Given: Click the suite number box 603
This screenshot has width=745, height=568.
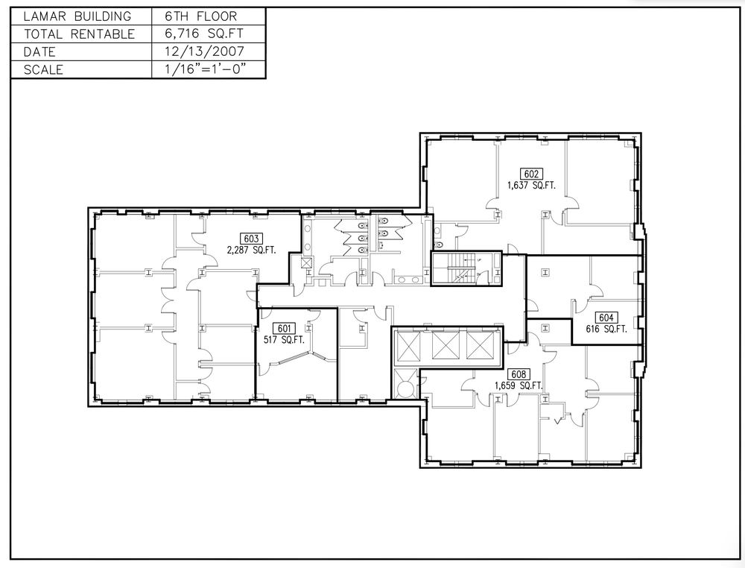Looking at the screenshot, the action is [251, 239].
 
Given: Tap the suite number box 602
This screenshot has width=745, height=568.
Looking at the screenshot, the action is [530, 174].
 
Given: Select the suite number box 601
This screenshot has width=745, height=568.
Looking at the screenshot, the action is [284, 329].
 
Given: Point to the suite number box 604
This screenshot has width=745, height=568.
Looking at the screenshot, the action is [606, 318].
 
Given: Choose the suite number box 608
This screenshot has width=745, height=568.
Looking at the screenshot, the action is [519, 374].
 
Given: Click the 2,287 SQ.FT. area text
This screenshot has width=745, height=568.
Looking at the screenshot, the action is [251, 250].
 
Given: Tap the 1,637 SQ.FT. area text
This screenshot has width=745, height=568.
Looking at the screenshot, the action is [531, 186].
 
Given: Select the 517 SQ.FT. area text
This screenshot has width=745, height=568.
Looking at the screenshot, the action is [284, 340].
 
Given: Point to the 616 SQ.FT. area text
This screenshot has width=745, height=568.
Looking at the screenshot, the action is [606, 329].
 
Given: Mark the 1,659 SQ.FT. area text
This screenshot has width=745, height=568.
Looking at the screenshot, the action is [519, 386].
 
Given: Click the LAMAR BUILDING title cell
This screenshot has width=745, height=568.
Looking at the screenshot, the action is [77, 16].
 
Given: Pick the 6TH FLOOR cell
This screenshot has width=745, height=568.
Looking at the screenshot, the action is [201, 16].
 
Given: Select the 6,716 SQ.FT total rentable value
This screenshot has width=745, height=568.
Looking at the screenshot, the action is [204, 34].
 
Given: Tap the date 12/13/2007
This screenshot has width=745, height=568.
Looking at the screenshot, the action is [204, 51].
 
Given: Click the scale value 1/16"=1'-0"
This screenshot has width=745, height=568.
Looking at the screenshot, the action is [206, 69].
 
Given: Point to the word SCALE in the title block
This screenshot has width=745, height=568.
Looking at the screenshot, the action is [43, 69].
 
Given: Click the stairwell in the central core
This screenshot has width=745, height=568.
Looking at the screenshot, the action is [466, 268].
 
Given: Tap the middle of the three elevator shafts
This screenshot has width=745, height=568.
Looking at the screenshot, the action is [446, 345].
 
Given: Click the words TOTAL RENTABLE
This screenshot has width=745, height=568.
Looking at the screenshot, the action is [80, 34].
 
